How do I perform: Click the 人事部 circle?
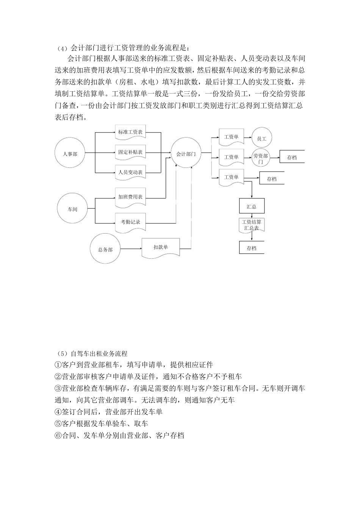70,153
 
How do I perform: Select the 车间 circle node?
72,209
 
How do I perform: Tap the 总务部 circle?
105,249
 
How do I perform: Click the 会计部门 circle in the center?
186,153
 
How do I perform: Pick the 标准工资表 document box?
130,133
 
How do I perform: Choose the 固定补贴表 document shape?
130,152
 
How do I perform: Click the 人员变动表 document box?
130,172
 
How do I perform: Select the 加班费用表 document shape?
130,197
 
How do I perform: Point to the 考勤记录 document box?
130,222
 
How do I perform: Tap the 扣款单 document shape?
161,248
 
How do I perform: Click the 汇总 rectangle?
252,206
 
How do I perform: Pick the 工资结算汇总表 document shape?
252,225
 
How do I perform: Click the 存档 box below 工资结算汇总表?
252,248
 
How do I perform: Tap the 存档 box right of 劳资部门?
292,158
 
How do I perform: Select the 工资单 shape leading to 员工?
231,137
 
